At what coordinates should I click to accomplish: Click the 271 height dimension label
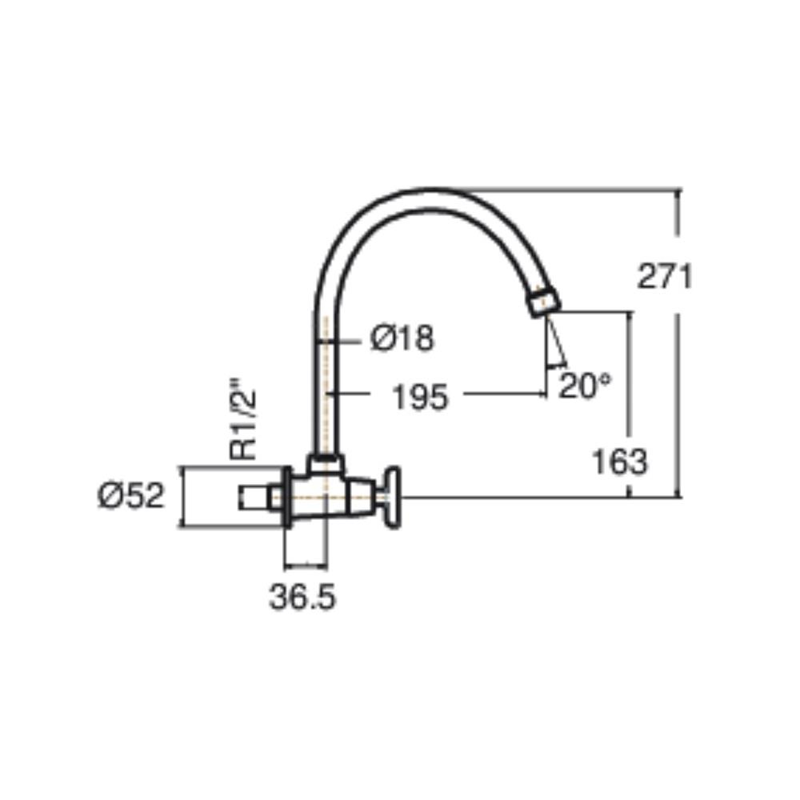(x=664, y=277)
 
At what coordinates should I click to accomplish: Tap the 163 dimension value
(x=618, y=462)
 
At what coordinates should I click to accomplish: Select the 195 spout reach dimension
(x=419, y=395)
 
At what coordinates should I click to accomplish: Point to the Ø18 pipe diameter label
(x=403, y=338)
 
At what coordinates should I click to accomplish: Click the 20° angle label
(x=584, y=387)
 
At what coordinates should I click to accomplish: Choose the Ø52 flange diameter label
(x=131, y=495)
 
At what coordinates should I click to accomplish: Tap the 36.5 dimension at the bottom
(x=302, y=597)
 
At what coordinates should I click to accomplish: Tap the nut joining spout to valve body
(x=326, y=462)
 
